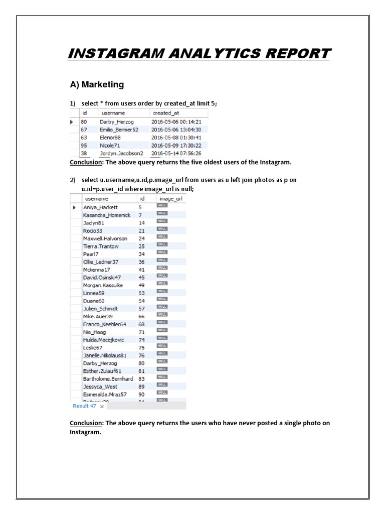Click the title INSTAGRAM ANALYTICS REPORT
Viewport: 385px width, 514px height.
(x=199, y=53)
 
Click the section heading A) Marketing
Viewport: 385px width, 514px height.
(x=97, y=84)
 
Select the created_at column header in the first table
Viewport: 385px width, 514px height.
(x=165, y=113)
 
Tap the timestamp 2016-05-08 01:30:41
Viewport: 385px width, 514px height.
(x=176, y=137)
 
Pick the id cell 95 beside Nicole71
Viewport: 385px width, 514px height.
(x=84, y=145)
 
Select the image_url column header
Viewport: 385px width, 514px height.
(x=171, y=199)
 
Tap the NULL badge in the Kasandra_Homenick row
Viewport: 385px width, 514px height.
(x=162, y=214)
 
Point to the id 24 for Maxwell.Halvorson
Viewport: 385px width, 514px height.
(x=141, y=238)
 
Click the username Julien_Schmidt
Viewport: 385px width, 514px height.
(x=100, y=309)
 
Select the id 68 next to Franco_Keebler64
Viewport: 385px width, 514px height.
(x=141, y=324)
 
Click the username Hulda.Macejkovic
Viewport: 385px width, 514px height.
(x=104, y=340)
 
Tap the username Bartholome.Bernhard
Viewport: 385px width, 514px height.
(x=108, y=379)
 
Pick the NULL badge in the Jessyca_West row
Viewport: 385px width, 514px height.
(x=162, y=386)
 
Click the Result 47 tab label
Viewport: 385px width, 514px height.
(x=84, y=406)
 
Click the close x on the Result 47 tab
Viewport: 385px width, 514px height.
(x=102, y=407)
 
